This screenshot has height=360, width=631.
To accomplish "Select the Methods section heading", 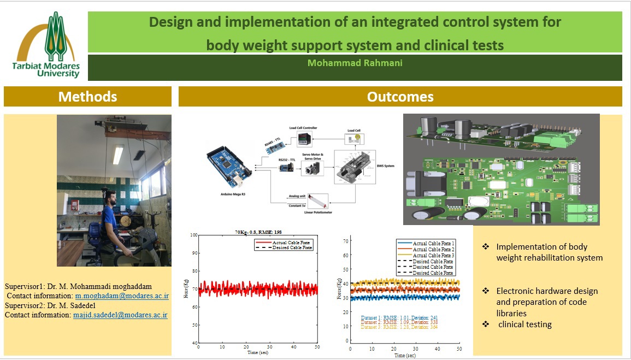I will [87, 97].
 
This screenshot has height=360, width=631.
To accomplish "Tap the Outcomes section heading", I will [400, 97].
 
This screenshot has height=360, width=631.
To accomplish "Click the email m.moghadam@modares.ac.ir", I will [122, 296].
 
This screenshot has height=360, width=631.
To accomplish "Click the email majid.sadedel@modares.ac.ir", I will [120, 315].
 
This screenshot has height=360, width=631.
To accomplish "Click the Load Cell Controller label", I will [303, 128].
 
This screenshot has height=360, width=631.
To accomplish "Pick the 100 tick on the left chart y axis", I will [193, 235].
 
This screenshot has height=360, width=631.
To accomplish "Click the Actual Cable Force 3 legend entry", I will [434, 256].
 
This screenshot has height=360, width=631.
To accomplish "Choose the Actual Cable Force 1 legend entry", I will [434, 243].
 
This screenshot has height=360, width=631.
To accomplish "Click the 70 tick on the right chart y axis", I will [345, 240].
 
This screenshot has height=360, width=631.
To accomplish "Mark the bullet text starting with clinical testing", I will [524, 324].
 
